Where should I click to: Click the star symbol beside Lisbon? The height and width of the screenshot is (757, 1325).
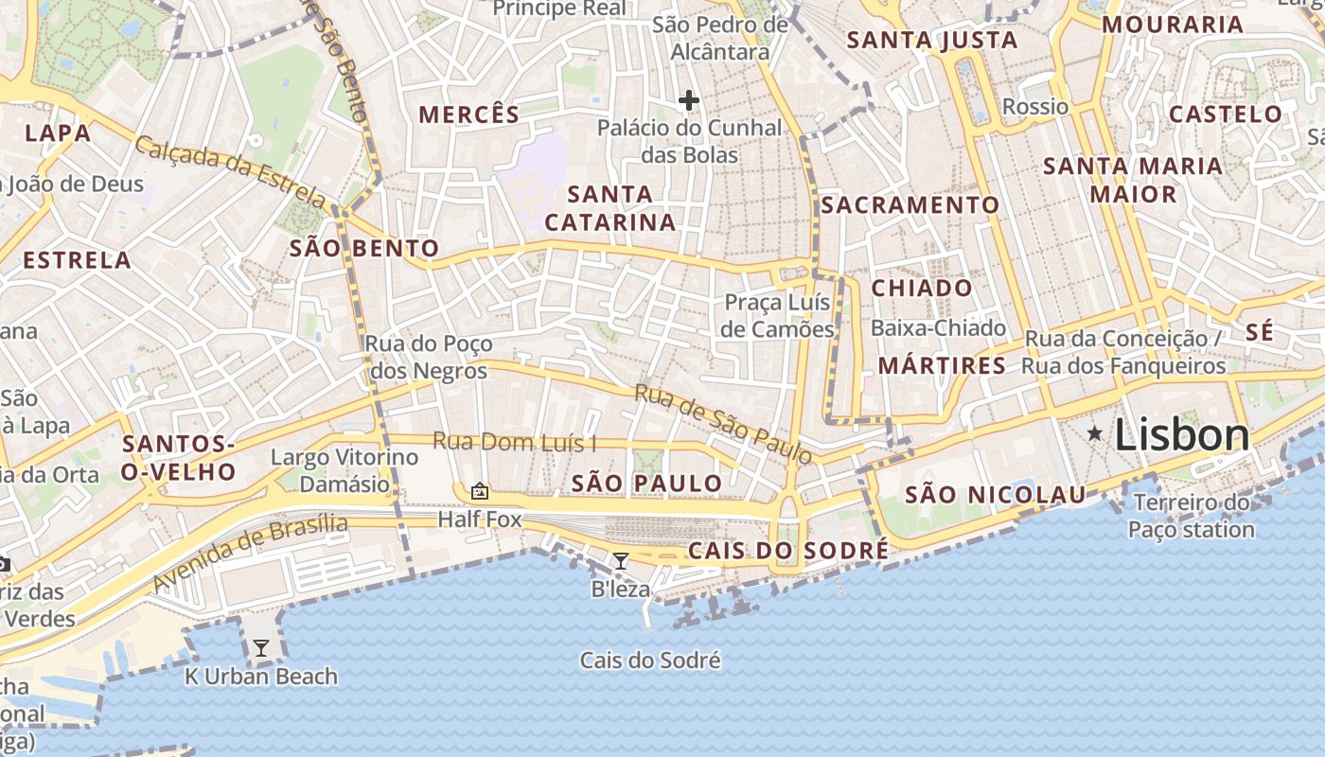pyautogui.click(x=1095, y=434)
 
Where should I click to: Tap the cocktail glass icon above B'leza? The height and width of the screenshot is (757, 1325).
pyautogui.click(x=620, y=561)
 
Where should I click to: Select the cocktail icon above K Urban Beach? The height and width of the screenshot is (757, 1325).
pyautogui.click(x=260, y=648)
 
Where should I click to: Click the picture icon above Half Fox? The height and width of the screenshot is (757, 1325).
pyautogui.click(x=480, y=491)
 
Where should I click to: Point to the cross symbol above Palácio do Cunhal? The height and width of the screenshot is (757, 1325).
pyautogui.click(x=688, y=100)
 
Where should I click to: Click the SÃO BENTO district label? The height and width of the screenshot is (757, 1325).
pyautogui.click(x=364, y=249)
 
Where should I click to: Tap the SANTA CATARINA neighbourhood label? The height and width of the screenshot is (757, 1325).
pyautogui.click(x=610, y=208)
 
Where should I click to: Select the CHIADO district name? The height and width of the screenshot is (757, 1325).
pyautogui.click(x=921, y=288)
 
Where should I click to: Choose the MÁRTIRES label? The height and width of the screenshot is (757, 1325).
pyautogui.click(x=942, y=365)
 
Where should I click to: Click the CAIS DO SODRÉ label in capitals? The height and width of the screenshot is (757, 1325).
pyautogui.click(x=788, y=551)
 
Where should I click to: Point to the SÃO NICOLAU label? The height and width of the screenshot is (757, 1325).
pyautogui.click(x=996, y=495)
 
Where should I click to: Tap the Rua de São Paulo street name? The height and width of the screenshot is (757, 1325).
pyautogui.click(x=723, y=424)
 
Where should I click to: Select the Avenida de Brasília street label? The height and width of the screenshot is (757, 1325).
pyautogui.click(x=250, y=553)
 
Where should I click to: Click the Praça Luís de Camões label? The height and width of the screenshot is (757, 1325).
pyautogui.click(x=778, y=315)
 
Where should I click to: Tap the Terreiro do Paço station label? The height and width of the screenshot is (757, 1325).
pyautogui.click(x=1191, y=516)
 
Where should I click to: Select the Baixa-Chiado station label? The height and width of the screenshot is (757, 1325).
pyautogui.click(x=938, y=328)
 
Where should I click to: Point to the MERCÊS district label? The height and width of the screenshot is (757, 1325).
pyautogui.click(x=468, y=114)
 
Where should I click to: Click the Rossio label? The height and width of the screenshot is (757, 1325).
pyautogui.click(x=1034, y=106)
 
